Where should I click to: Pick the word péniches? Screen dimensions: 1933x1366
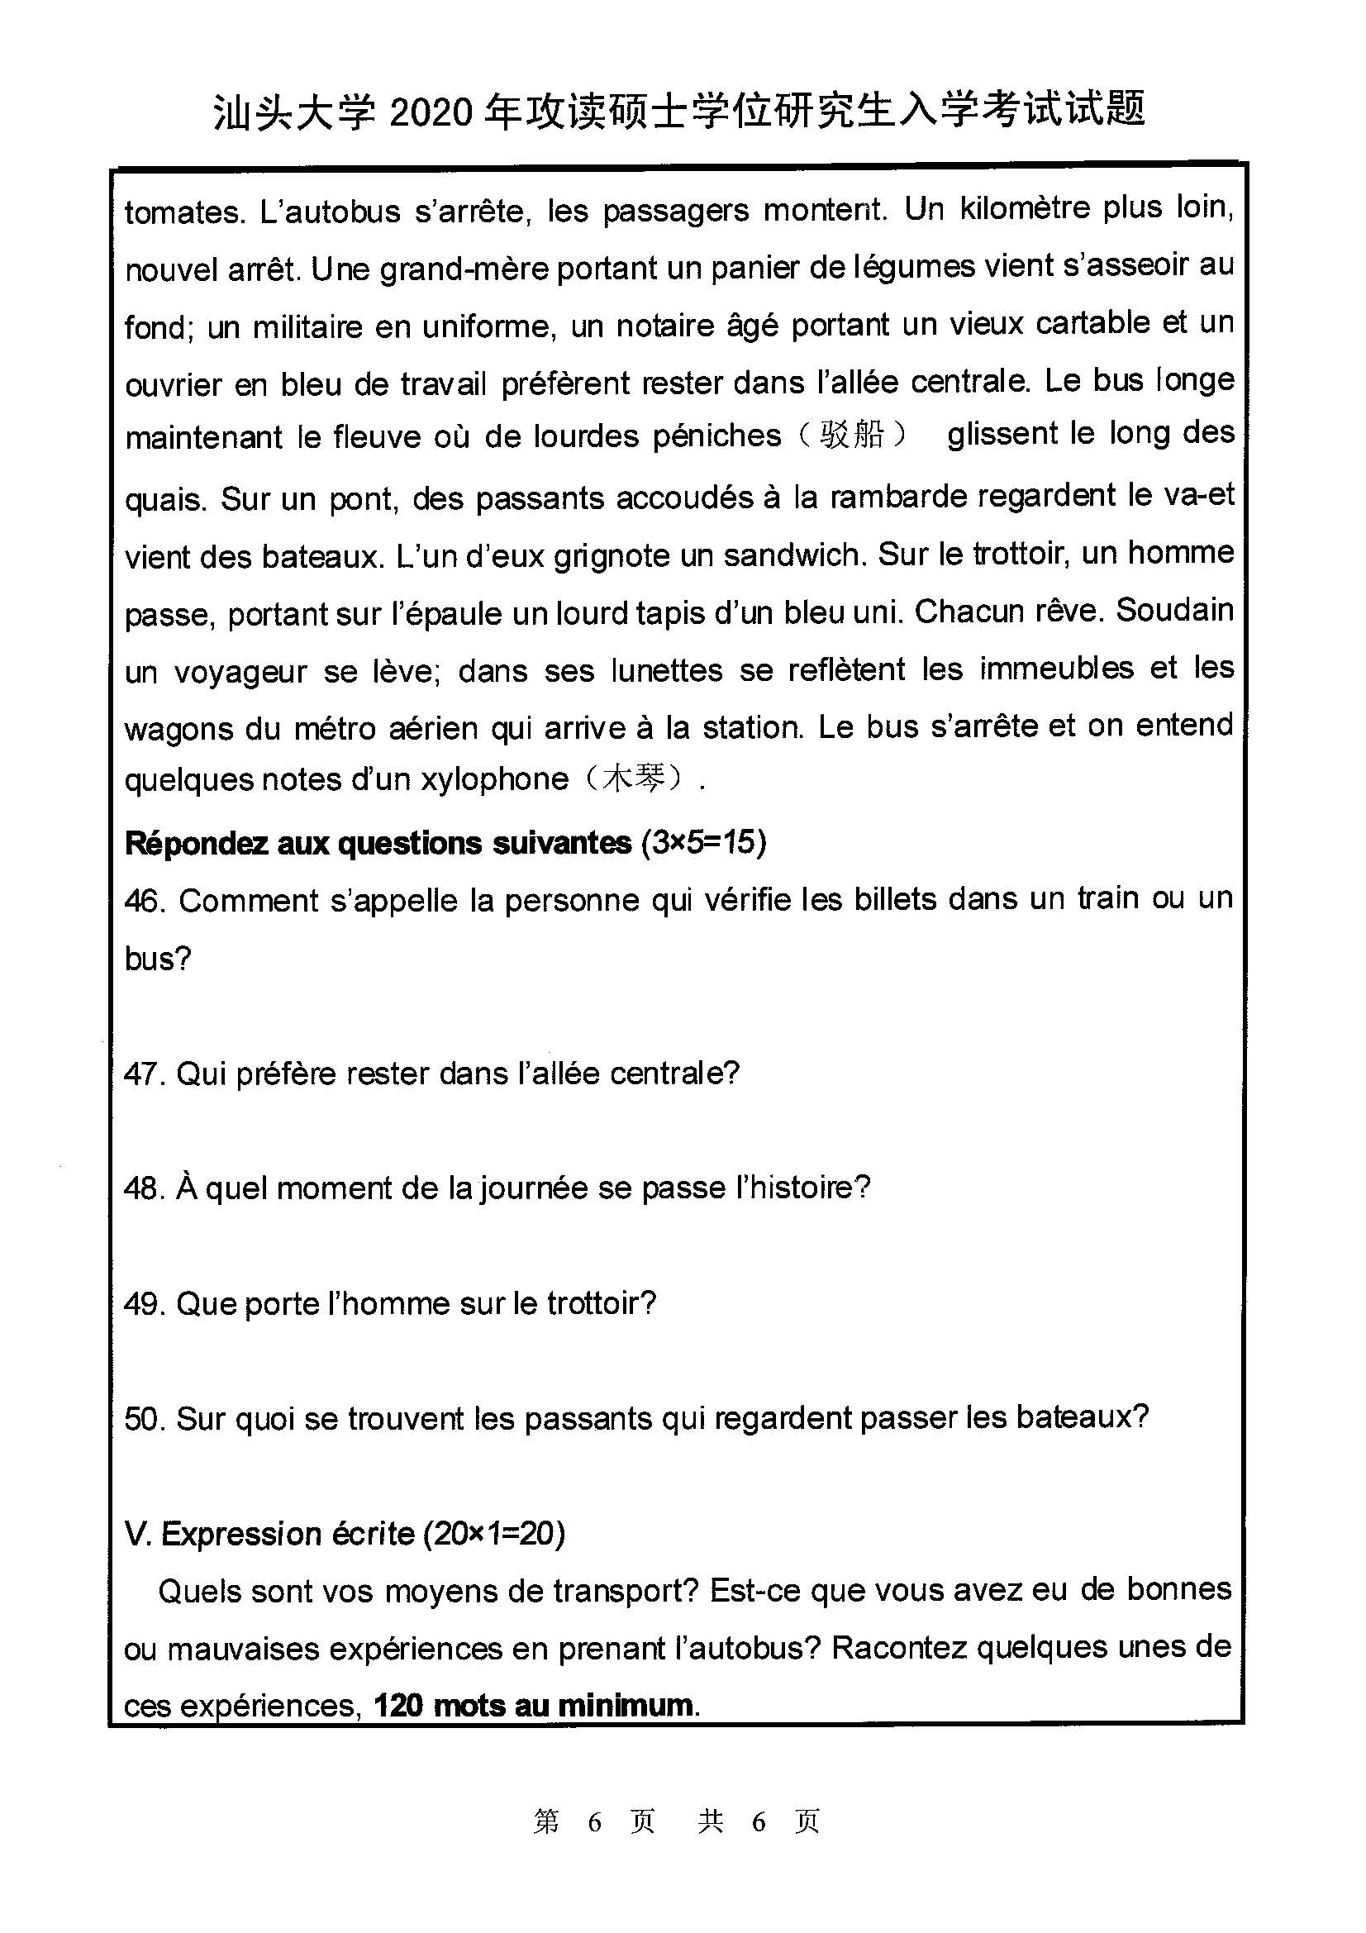coord(717,436)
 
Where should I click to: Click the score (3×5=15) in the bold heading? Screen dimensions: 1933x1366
coord(703,843)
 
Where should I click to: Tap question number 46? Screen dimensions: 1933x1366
coord(144,902)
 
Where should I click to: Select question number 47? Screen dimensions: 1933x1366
coord(144,1074)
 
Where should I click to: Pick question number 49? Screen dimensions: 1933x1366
coord(144,1304)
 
